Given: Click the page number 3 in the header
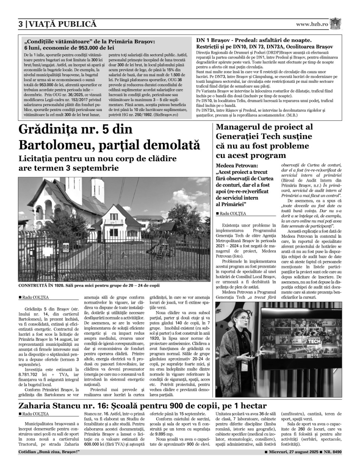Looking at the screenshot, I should point(21,24).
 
